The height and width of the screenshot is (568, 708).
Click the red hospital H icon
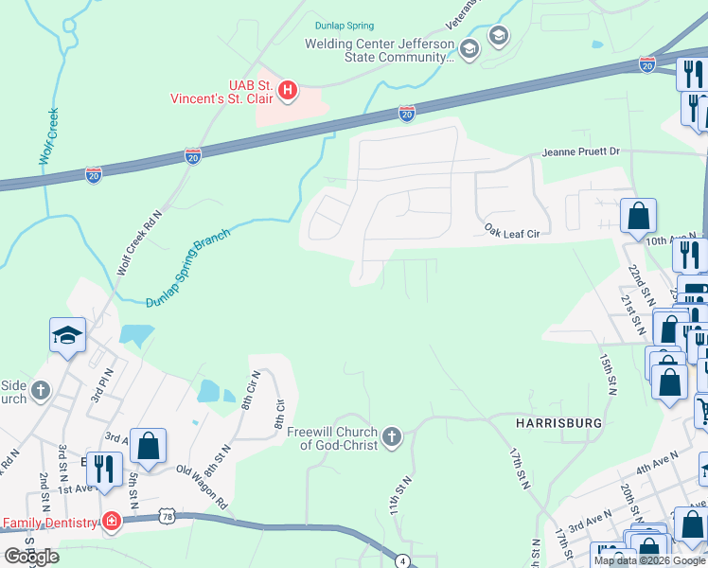coord(290,91)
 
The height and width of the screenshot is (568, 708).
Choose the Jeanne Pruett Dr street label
coord(580,151)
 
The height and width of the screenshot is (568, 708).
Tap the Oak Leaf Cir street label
coord(511,231)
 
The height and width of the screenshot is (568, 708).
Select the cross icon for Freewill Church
coord(392,438)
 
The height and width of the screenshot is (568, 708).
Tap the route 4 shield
coord(402,560)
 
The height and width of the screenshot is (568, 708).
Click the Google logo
coord(31,557)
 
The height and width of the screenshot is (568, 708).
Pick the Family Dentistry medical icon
coord(111,522)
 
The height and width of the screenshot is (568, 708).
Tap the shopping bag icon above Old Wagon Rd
coord(149,444)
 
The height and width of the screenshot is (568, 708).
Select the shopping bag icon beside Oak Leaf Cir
coord(639,215)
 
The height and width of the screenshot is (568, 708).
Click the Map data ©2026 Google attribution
coord(648,560)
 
